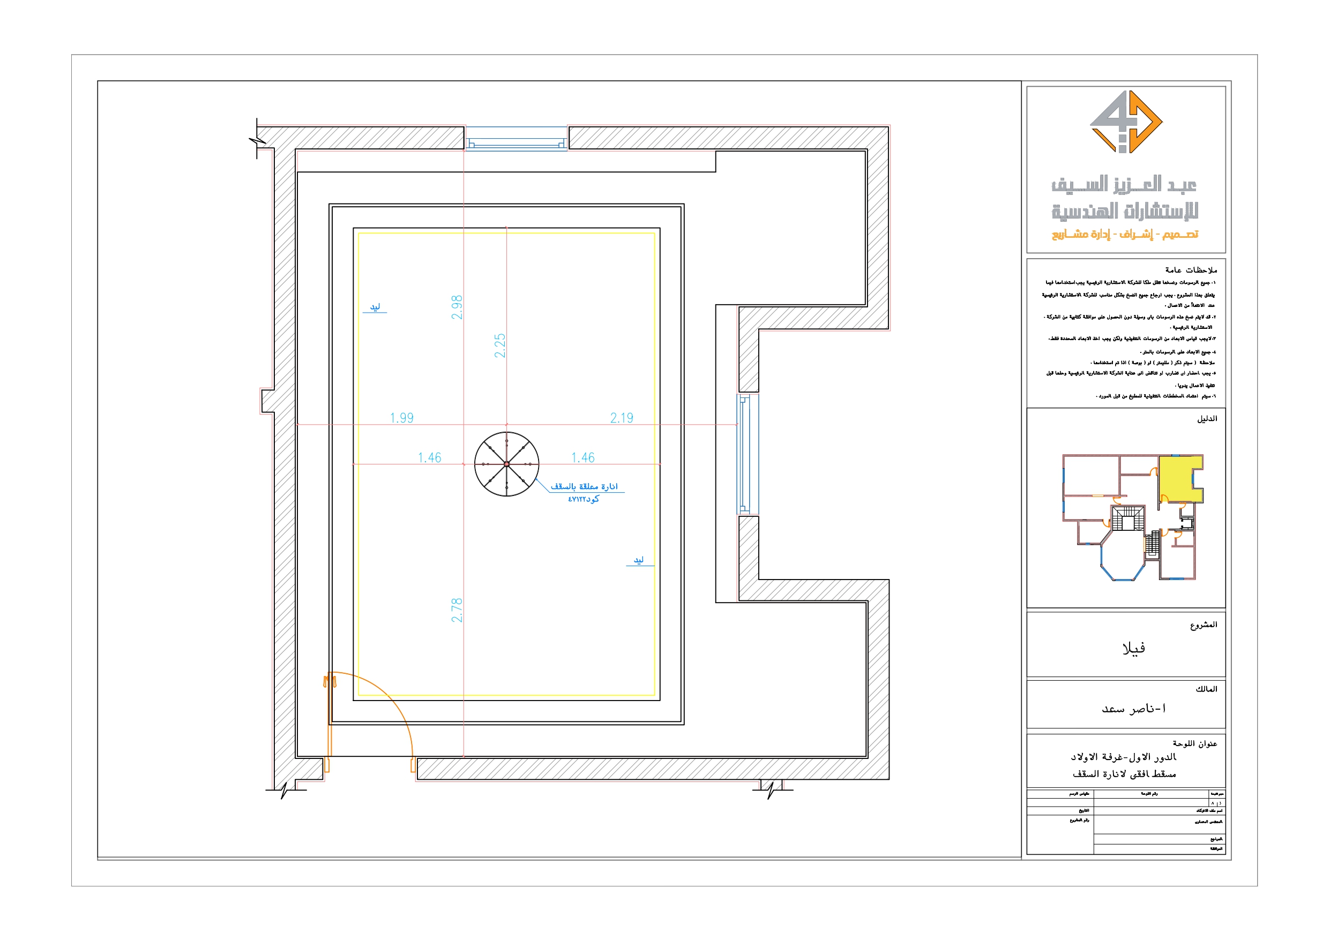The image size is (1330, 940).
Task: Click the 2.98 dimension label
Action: point(457,307)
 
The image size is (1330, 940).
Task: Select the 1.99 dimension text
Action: point(401,418)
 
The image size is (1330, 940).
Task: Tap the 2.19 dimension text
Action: point(622,418)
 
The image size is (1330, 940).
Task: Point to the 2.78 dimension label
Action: point(457,610)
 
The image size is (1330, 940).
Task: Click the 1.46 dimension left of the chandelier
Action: point(429,457)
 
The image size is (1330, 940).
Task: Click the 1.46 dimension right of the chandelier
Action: point(582,457)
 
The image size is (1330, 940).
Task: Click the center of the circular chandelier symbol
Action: point(506,464)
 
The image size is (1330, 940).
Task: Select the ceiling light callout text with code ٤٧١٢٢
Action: point(584,492)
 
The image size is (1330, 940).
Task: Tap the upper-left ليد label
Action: point(375,307)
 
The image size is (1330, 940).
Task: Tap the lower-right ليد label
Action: point(638,560)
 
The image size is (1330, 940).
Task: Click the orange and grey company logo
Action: point(1125,122)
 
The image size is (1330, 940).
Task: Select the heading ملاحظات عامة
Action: point(1191,270)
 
